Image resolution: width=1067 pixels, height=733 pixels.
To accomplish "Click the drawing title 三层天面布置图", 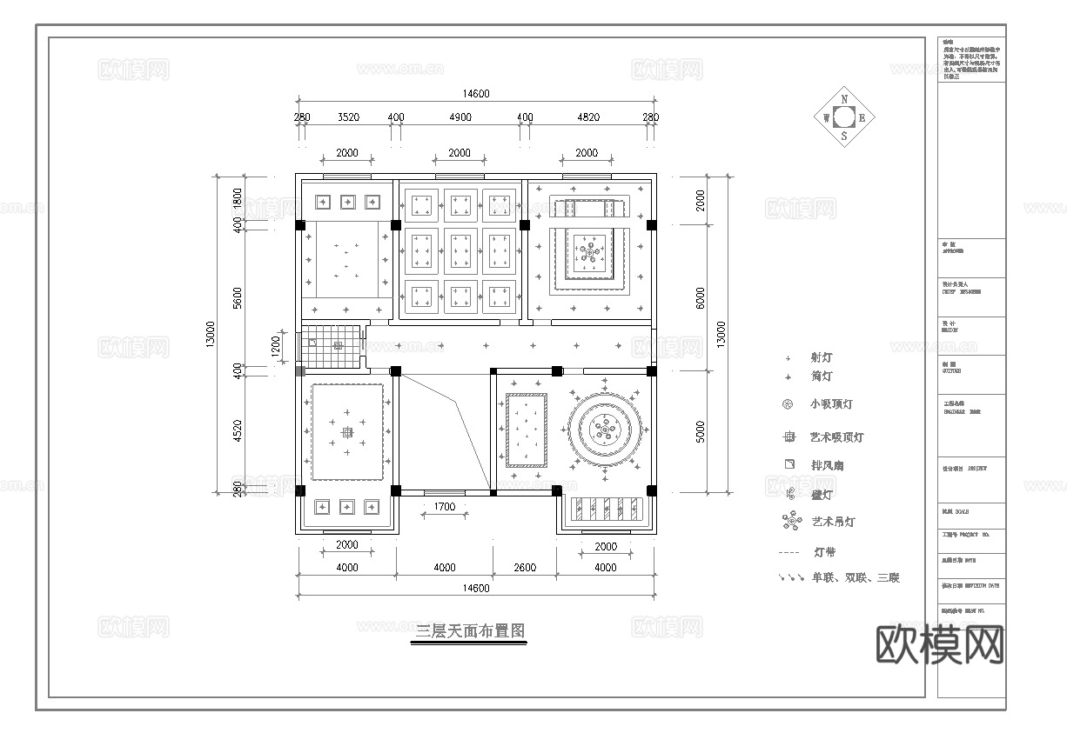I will pyautogui.click(x=470, y=631).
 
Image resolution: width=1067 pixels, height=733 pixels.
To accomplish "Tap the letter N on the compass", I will pyautogui.click(x=843, y=100).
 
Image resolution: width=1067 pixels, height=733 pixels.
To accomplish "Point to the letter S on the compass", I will pyautogui.click(x=843, y=136).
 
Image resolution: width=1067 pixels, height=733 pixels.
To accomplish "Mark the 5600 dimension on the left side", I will pyautogui.click(x=238, y=297).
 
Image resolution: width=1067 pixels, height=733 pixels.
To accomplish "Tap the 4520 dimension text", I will pyautogui.click(x=238, y=432).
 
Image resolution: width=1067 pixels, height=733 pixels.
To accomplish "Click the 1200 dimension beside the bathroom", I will pyautogui.click(x=277, y=345).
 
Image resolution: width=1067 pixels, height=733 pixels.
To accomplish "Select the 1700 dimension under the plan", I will pyautogui.click(x=443, y=505).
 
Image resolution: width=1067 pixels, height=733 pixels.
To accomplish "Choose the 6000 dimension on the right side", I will pyautogui.click(x=701, y=297).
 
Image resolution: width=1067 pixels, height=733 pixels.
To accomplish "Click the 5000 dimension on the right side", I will pyautogui.click(x=701, y=432).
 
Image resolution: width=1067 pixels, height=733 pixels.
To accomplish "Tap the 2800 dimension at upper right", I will pyautogui.click(x=701, y=200).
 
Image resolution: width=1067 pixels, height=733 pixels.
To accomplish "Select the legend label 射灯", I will pyautogui.click(x=822, y=357).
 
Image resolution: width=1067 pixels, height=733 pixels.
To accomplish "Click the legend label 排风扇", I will pyautogui.click(x=827, y=465).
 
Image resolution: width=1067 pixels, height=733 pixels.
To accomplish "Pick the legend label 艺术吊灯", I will pyautogui.click(x=833, y=522).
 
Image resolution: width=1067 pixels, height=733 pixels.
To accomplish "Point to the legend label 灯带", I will pyautogui.click(x=824, y=552).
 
